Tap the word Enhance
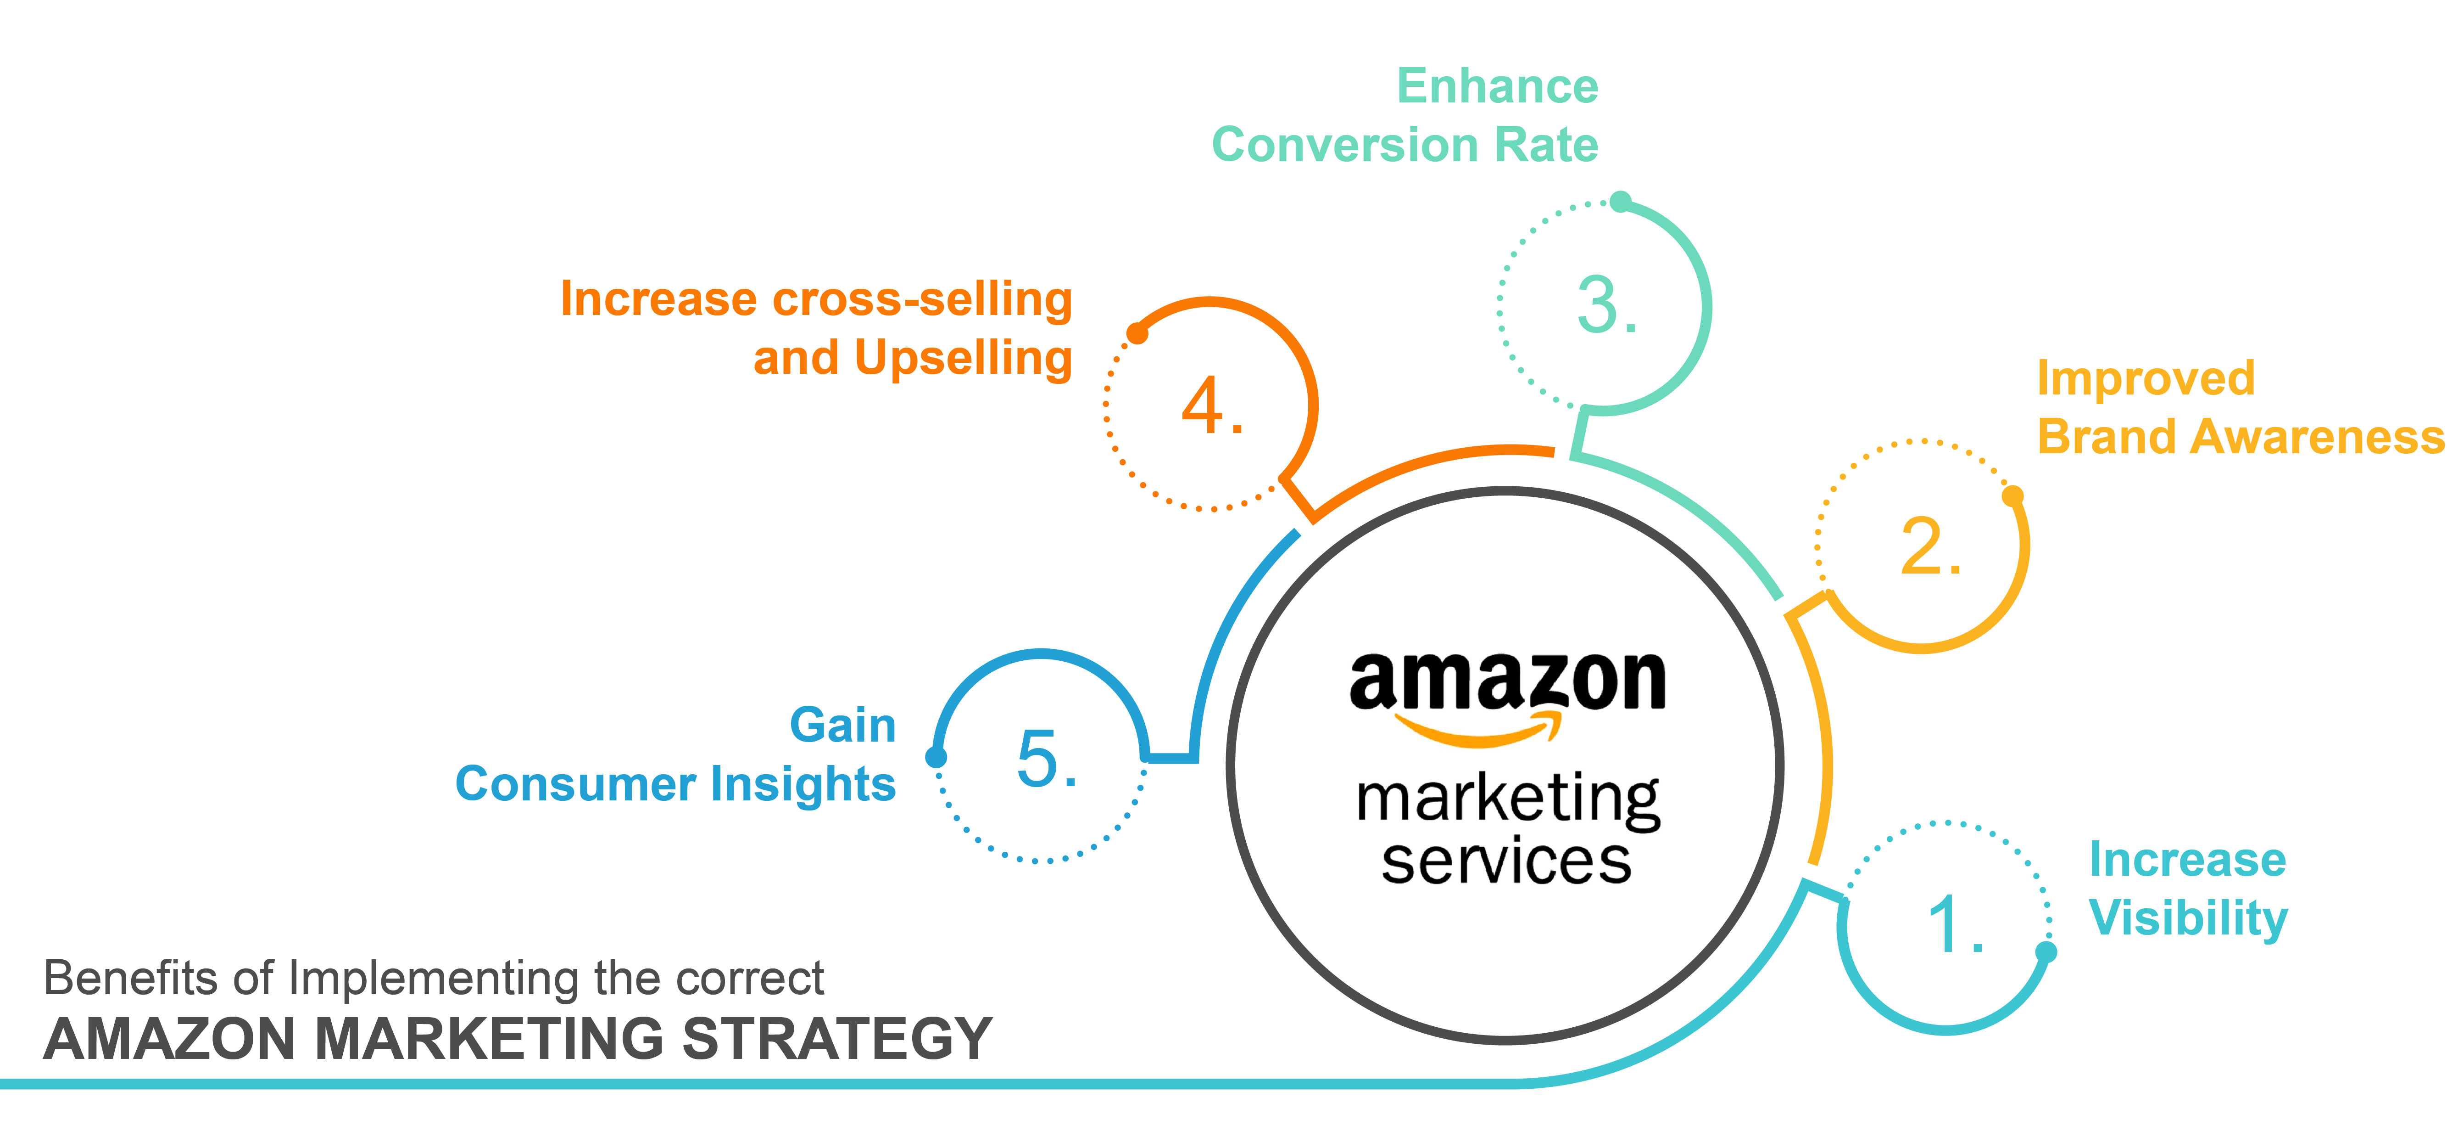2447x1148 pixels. (1497, 86)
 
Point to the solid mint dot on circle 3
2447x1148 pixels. (1621, 202)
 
